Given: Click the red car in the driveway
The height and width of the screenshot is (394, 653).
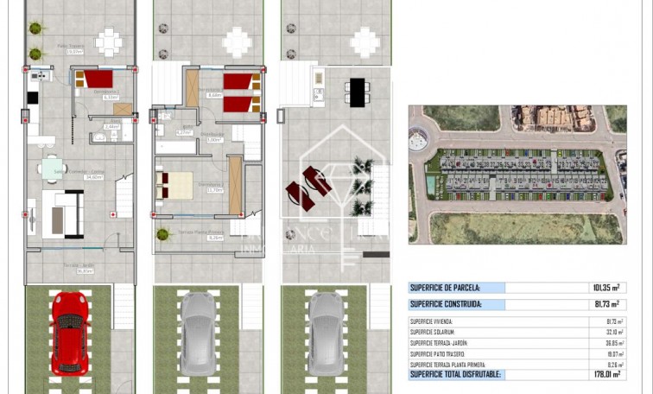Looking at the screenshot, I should tap(70, 332).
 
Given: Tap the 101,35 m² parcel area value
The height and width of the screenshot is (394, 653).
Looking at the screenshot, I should tap(605, 288).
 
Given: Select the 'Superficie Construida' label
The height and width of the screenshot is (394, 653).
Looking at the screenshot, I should tap(446, 304).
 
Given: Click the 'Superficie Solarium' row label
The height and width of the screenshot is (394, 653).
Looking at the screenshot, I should tap(433, 332).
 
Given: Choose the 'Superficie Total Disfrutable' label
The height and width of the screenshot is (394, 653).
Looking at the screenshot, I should tap(455, 374).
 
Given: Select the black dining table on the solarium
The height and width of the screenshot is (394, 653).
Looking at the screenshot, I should tap(356, 91).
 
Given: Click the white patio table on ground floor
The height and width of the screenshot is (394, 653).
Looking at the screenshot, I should tap(108, 41).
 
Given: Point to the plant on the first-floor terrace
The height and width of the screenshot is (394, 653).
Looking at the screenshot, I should tap(162, 233).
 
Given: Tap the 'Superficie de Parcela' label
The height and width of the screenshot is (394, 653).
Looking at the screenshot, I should tap(445, 288).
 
